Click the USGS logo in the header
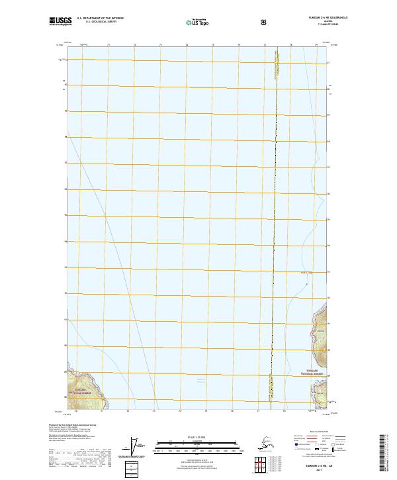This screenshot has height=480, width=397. (60, 21)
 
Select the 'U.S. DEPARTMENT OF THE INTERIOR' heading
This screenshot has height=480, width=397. (100, 19)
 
